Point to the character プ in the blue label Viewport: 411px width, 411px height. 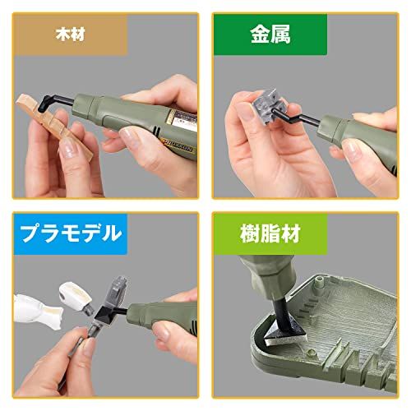tap(28, 232)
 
